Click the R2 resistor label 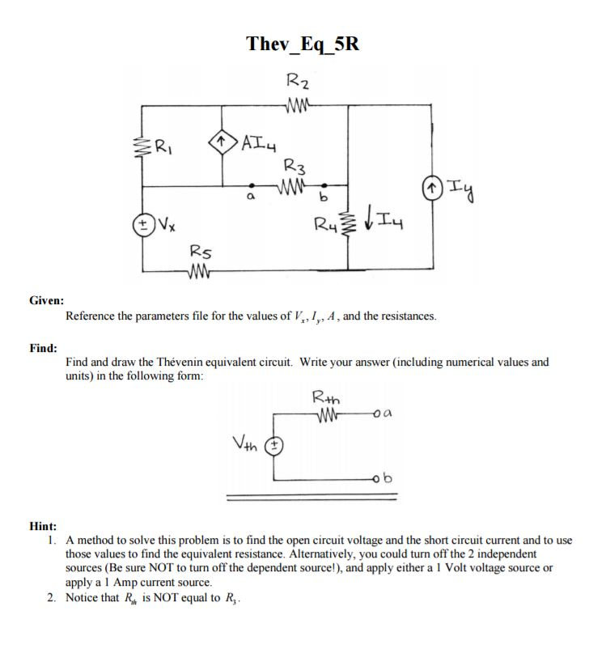(298, 82)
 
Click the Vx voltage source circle (144, 219)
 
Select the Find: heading (43, 347)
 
